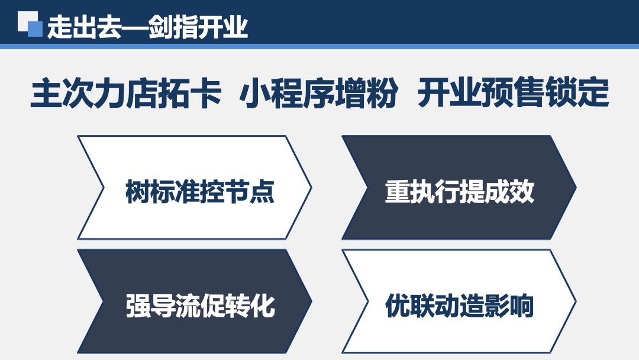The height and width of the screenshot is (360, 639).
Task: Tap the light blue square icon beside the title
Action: coord(35,29)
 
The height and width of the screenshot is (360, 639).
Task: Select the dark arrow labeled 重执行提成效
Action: coord(459,188)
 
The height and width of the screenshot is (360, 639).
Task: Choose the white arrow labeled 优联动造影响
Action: coord(459,302)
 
